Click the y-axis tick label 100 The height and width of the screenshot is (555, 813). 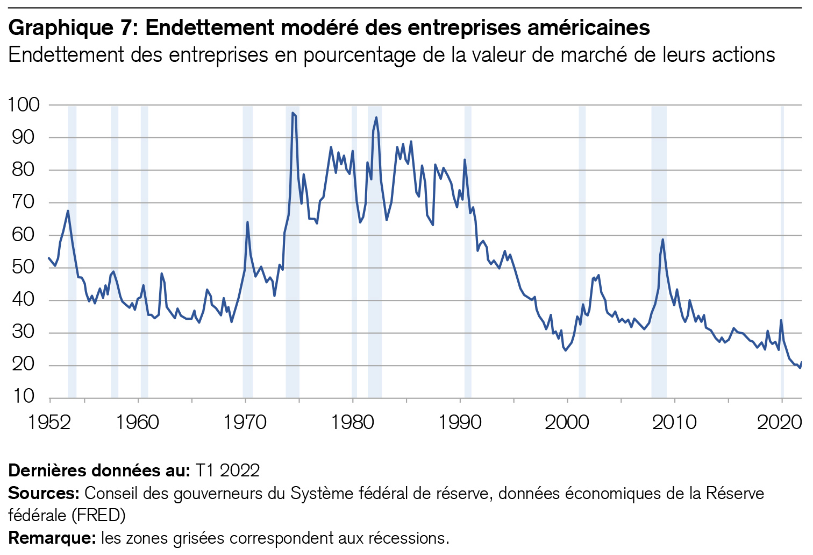coord(24,104)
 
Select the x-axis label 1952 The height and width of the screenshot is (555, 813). coord(49,423)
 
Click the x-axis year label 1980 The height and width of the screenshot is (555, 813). coord(352,423)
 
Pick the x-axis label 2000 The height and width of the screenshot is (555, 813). coord(567,423)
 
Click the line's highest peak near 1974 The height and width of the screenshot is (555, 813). coord(293,113)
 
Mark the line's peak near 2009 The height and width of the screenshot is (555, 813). coord(662,240)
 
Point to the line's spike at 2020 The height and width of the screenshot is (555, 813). coord(781,320)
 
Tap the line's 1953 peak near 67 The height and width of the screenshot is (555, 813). coord(68,210)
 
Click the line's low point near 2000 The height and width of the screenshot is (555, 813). coord(565,350)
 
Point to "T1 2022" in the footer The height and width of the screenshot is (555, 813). coord(227,470)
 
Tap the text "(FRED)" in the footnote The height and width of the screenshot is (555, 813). coord(98,515)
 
